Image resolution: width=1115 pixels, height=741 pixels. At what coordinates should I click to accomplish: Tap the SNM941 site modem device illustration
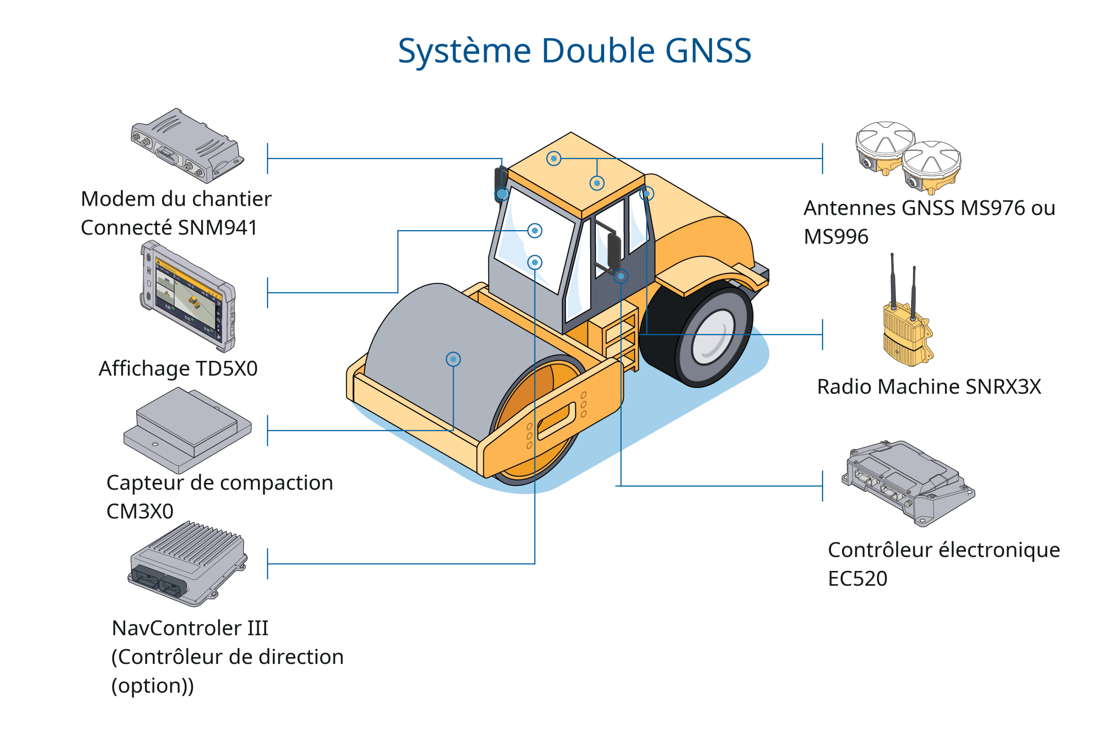(187, 146)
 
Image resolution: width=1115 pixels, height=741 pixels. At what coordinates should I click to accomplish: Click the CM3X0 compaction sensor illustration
(187, 431)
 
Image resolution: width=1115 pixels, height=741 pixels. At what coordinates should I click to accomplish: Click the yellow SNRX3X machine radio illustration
(907, 331)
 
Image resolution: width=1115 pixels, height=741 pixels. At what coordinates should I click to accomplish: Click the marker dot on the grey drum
(453, 359)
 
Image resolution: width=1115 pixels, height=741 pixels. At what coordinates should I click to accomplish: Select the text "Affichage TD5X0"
(178, 369)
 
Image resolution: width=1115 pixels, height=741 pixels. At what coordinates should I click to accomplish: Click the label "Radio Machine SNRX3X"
(929, 387)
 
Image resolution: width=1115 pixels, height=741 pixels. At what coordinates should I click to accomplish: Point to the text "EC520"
(858, 579)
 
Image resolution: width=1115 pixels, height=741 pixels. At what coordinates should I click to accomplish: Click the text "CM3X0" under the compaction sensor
(140, 511)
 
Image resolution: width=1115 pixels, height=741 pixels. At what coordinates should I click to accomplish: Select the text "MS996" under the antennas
(836, 237)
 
